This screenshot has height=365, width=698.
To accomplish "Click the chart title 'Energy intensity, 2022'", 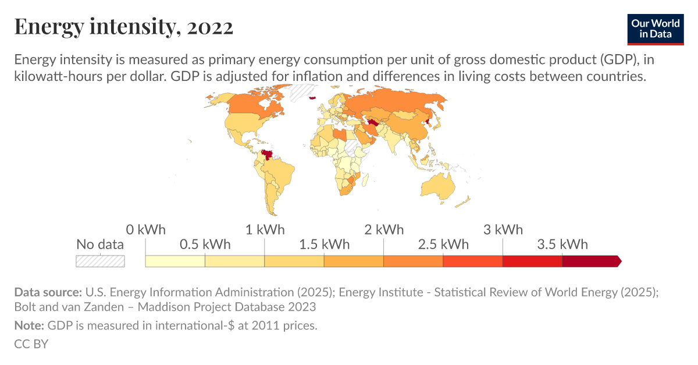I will (123, 27).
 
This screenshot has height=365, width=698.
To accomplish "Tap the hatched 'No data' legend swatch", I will (100, 261).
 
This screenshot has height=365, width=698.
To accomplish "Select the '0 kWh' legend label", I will (145, 229).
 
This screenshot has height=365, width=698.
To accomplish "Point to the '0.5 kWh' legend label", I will (205, 244).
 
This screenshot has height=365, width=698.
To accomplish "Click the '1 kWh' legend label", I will (265, 229).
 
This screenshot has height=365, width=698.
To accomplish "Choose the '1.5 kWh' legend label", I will (324, 244).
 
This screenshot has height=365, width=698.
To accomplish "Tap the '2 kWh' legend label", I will (384, 229).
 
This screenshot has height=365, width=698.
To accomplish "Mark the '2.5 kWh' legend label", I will (443, 244).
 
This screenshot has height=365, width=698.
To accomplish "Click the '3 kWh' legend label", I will (503, 229).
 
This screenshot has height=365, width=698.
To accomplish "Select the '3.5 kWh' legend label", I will (562, 244).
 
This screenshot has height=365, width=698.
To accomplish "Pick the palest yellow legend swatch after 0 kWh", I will (175, 261).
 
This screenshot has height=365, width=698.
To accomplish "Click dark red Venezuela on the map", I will (268, 155).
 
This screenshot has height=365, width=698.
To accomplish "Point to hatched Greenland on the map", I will (302, 91).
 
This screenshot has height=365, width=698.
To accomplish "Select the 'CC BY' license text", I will (31, 343).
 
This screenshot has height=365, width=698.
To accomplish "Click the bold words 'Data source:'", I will (48, 292).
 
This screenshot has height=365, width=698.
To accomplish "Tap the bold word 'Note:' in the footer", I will (29, 325).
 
